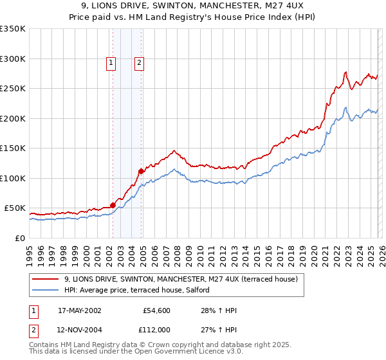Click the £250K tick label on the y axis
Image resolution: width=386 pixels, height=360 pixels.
13,88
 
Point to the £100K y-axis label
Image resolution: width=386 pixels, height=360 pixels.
13,178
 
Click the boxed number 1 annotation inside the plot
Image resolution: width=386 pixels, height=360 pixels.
111,62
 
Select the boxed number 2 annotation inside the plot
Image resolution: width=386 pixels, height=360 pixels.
139,62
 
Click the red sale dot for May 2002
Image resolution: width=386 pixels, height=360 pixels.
113,205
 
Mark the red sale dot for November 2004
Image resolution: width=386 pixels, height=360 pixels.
142,171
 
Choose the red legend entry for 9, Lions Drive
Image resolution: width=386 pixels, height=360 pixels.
180,280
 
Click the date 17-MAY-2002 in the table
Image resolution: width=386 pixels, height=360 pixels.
79,310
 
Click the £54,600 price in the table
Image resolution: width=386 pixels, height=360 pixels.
156,310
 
